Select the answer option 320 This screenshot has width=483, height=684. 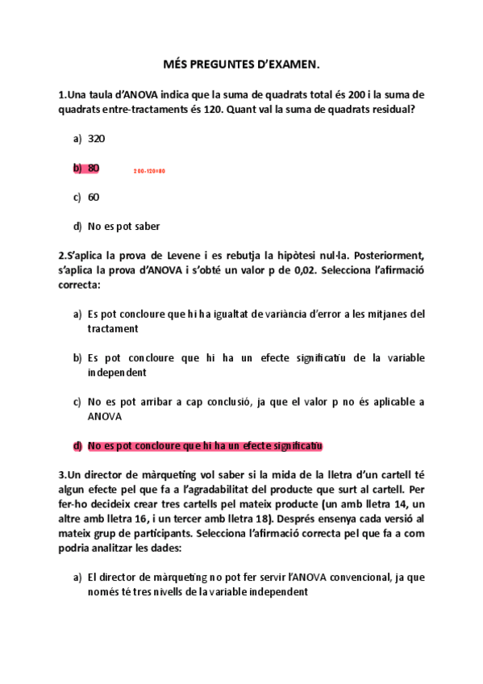click(x=96, y=139)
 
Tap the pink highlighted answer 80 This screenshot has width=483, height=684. click(x=94, y=168)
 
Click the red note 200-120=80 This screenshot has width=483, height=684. click(x=149, y=171)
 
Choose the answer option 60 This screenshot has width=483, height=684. click(x=94, y=197)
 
